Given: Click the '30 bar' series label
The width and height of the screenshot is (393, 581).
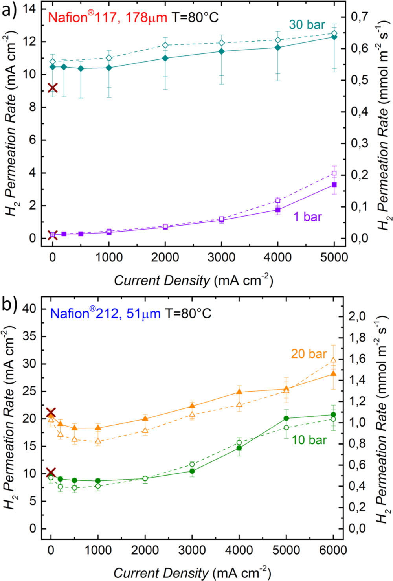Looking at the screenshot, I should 307,25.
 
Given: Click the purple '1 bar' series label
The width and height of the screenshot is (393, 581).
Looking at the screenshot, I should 307,217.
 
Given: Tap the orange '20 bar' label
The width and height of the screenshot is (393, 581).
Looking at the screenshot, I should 309,354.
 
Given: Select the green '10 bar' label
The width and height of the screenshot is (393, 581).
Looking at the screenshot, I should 309,440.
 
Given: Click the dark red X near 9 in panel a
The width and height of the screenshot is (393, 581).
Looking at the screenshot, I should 53,88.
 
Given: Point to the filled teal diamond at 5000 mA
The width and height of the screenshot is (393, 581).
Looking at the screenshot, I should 334,37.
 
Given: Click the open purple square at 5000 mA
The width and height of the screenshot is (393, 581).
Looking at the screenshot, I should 334,173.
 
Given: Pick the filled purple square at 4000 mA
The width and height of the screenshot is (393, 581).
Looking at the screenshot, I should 278,210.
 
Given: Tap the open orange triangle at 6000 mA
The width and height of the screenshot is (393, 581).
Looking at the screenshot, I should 333,360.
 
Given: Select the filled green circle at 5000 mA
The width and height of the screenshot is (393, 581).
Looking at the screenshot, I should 286,418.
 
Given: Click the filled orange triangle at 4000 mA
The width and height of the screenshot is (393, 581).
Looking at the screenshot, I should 239,392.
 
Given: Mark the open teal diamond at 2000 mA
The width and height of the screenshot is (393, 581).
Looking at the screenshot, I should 165,45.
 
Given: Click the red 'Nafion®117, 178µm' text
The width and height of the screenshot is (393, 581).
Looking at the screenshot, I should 107,17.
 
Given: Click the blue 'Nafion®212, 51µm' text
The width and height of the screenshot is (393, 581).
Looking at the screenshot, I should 105,314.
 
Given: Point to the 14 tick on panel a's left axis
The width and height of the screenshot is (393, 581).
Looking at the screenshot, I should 29,9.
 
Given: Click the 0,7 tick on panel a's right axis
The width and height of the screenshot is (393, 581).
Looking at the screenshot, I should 360,17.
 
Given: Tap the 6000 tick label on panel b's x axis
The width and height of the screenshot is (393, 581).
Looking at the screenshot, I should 333,550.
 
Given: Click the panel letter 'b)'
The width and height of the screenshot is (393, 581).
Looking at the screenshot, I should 9,304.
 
